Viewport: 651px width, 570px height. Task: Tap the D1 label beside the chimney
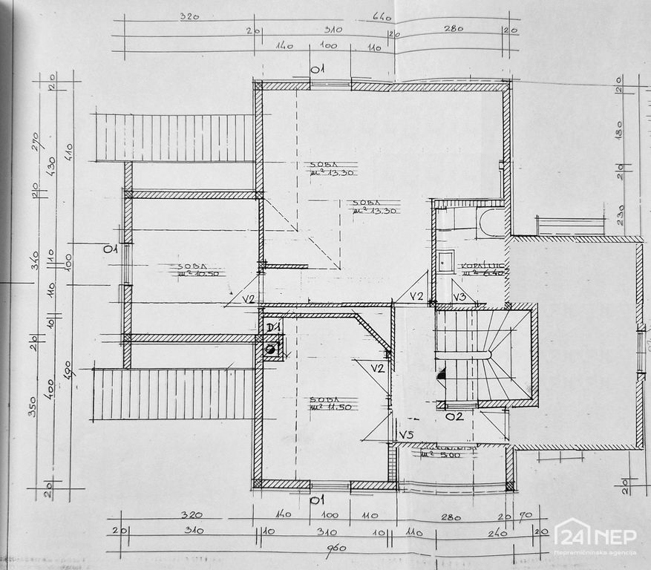[x=272, y=326]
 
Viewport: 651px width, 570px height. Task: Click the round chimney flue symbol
[x=272, y=346]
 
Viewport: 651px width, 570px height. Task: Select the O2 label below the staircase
[x=454, y=416]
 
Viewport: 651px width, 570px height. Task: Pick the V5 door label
[x=406, y=434]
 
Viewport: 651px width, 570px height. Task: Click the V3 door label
[x=459, y=297]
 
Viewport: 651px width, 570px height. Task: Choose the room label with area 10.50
[x=191, y=269]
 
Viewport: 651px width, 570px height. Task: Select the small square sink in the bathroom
[x=445, y=261]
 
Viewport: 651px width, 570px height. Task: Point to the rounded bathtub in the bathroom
[x=491, y=221]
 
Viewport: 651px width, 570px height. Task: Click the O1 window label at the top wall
[x=319, y=71]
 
